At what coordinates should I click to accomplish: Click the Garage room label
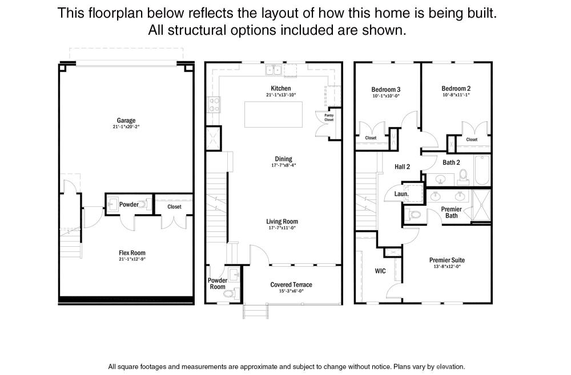(126, 120)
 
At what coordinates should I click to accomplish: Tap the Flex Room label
(132, 253)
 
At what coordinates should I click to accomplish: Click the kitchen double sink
(274, 70)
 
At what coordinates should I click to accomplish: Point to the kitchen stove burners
(214, 104)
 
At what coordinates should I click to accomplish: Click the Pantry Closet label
(329, 117)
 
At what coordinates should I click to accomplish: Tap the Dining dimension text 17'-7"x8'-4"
(284, 165)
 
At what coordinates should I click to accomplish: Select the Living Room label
(282, 221)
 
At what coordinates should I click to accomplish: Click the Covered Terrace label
(291, 284)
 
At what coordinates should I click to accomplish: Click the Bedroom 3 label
(385, 89)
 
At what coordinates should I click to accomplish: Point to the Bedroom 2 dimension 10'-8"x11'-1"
(456, 95)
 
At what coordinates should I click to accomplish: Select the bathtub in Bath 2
(482, 170)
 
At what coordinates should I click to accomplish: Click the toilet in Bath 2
(464, 175)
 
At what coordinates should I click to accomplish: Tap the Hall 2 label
(402, 167)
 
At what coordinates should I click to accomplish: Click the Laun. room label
(401, 194)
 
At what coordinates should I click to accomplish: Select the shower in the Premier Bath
(481, 205)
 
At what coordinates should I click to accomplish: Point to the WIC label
(380, 271)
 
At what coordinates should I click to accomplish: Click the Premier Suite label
(447, 260)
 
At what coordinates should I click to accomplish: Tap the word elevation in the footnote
(451, 366)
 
